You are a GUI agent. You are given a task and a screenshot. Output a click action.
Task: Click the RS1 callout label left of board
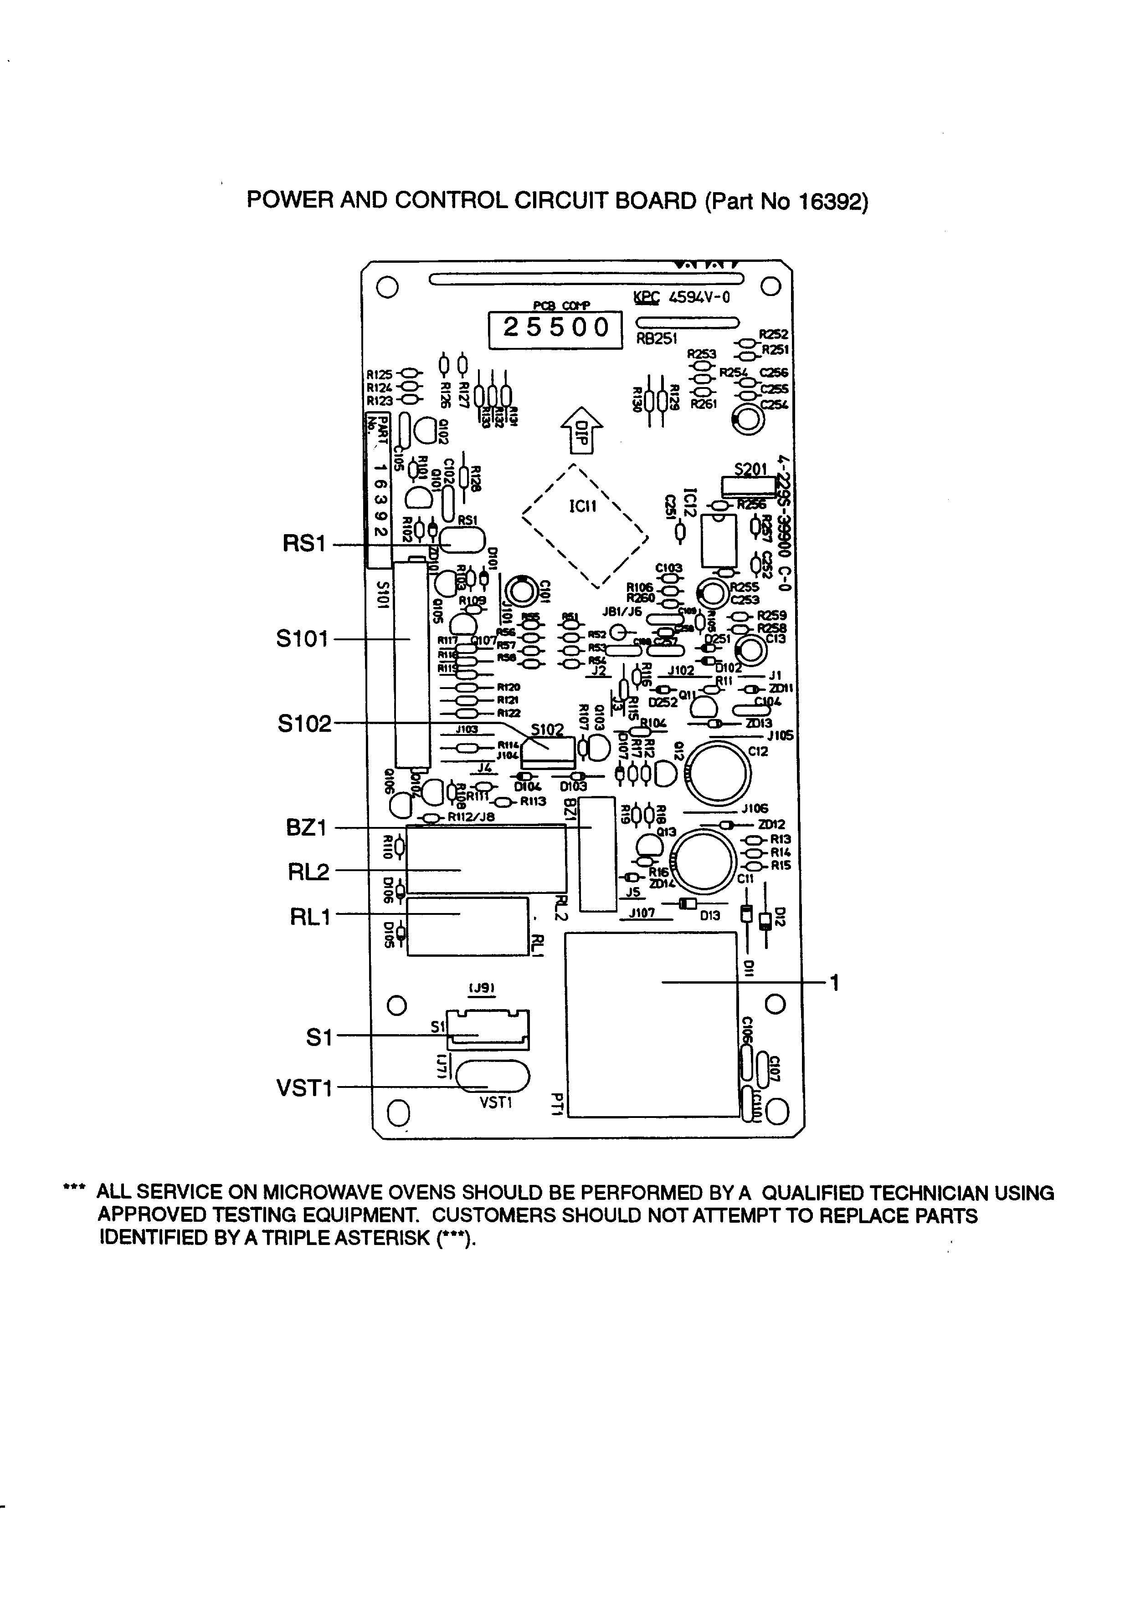[x=304, y=544]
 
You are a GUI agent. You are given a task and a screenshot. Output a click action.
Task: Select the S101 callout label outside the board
[x=302, y=638]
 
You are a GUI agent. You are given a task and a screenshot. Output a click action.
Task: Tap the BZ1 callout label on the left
[x=306, y=828]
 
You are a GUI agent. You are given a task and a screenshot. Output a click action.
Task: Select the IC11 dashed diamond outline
[x=585, y=525]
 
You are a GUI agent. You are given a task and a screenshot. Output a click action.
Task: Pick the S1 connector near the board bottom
[x=488, y=1030]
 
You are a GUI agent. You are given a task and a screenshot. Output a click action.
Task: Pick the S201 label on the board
[x=750, y=469]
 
